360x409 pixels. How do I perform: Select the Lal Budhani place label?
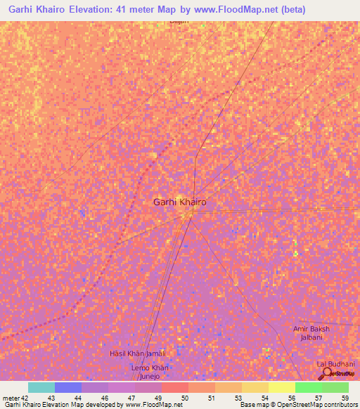(x=335, y=363)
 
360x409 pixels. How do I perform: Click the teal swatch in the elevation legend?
(x=41, y=387)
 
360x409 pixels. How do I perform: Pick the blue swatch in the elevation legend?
(x=67, y=387)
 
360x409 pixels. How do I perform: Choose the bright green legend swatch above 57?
(x=308, y=387)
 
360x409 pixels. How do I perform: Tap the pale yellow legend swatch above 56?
(x=281, y=387)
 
